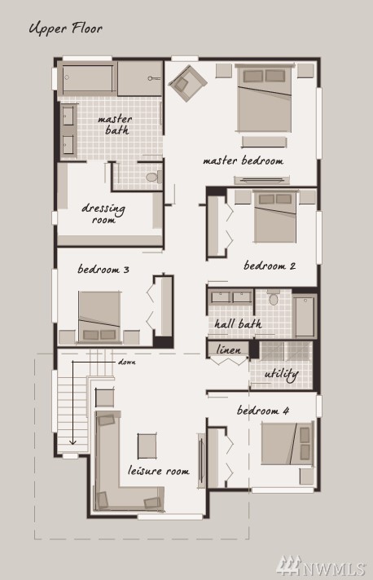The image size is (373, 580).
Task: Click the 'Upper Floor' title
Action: click(x=65, y=29)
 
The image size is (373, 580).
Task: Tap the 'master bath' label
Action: click(x=116, y=125)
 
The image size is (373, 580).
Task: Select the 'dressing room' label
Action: click(x=103, y=213)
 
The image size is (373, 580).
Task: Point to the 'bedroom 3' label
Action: click(x=103, y=269)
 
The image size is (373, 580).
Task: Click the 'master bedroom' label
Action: click(x=244, y=160)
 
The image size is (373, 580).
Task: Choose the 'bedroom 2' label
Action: click(x=270, y=266)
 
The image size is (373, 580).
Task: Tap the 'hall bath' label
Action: click(x=238, y=323)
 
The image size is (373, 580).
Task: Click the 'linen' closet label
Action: click(x=228, y=349)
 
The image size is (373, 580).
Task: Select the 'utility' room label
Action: click(x=281, y=375)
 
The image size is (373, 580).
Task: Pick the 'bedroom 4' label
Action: click(x=263, y=411)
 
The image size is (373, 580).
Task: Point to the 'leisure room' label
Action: click(x=159, y=471)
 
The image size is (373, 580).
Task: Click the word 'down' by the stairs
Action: click(x=127, y=362)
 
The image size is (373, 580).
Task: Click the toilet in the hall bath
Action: click(x=273, y=297)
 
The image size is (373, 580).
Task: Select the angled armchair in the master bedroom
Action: click(x=187, y=83)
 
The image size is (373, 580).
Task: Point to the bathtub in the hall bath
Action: click(x=305, y=316)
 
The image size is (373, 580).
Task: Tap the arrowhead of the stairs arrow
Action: click(x=72, y=442)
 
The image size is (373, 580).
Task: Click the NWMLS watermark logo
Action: click(x=321, y=565)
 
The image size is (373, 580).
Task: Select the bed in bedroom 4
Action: click(x=287, y=443)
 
